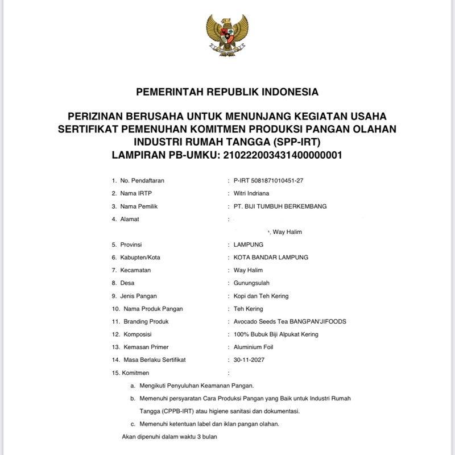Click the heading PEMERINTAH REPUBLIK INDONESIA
tap(227, 92)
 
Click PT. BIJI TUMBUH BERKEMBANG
tap(280, 206)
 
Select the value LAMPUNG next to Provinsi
tap(249, 245)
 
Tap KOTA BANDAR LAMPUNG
tap(271, 257)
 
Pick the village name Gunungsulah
tap(251, 283)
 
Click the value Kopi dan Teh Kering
tap(261, 296)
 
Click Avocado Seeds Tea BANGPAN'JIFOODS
tap(289, 321)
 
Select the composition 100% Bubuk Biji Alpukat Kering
tap(276, 334)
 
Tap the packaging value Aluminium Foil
tap(253, 347)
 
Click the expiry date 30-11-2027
tap(249, 360)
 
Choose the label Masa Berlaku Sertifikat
tap(154, 360)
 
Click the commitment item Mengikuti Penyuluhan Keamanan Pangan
tap(196, 386)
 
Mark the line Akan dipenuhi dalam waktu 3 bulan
tap(169, 437)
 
